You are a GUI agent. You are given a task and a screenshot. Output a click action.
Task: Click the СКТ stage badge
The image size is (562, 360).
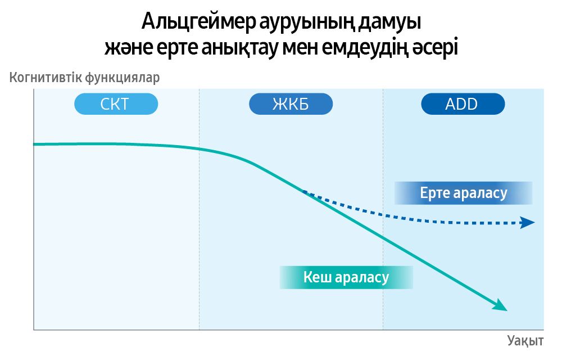(116, 104)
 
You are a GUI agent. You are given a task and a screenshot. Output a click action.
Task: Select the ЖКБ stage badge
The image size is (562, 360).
(291, 104)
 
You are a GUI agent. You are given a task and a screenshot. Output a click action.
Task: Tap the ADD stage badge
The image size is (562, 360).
(463, 104)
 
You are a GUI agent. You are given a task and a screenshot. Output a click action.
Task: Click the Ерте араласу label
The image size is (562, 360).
(463, 193)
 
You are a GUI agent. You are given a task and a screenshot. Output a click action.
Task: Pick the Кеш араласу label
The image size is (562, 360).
(346, 277)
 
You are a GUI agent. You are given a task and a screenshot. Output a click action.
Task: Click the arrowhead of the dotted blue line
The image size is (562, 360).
(527, 223)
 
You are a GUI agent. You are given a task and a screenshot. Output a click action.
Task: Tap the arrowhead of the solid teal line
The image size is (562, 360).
(500, 306)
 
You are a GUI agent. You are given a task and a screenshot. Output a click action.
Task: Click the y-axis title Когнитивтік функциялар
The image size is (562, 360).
(84, 78)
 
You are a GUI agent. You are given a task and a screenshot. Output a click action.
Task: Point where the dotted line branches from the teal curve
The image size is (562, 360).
(304, 191)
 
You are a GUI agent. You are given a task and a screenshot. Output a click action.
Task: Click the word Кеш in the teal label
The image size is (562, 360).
(316, 277)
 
